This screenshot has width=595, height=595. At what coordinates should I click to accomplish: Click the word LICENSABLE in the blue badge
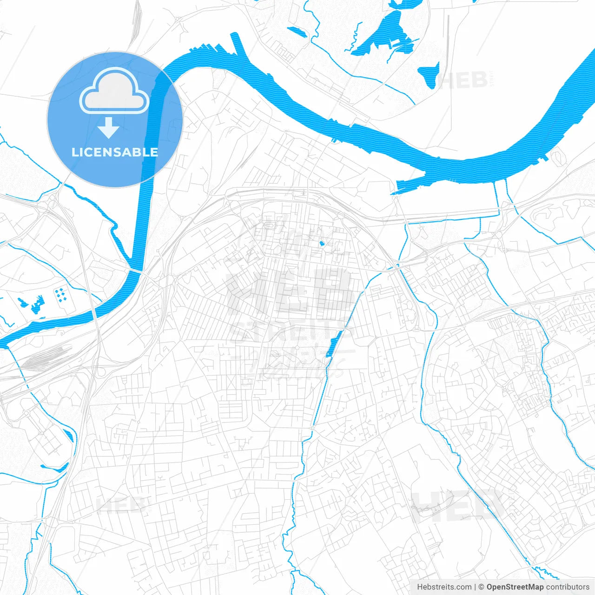[x=115, y=152]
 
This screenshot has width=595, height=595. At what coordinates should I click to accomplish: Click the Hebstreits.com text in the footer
[x=444, y=587]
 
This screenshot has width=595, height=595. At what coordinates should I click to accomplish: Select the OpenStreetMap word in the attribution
[x=515, y=587]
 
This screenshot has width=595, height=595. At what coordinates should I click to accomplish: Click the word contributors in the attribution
[x=568, y=587]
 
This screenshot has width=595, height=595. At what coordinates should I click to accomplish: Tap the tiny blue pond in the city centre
[x=321, y=243]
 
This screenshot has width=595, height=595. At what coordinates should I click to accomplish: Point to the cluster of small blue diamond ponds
[x=60, y=295]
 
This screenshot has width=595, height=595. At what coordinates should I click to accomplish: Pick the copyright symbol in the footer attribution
[x=482, y=587]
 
